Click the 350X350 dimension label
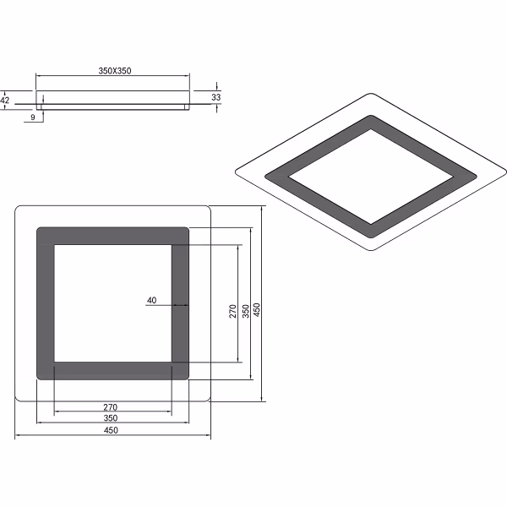point(115,71)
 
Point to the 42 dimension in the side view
point(5,99)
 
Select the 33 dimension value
point(216,98)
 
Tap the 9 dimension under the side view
point(32,117)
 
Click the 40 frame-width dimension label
point(152,300)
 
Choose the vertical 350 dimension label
point(245,311)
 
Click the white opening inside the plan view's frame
point(112,303)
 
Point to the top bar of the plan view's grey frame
point(112,236)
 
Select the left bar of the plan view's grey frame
point(46,303)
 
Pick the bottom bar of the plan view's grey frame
point(112,371)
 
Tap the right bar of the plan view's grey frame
point(180,303)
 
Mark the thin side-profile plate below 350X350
point(113,104)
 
